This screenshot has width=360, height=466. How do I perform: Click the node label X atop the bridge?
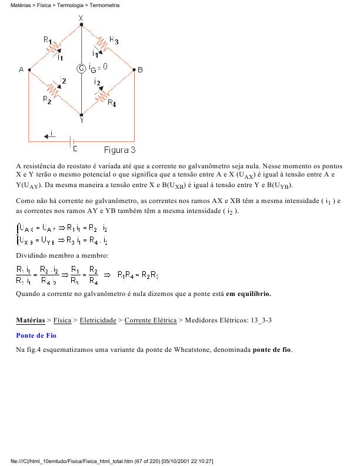click(x=81, y=18)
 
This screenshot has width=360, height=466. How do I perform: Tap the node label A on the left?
click(x=21, y=69)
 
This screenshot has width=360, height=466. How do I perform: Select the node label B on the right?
click(x=140, y=69)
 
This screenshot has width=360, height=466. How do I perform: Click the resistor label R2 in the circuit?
click(x=47, y=99)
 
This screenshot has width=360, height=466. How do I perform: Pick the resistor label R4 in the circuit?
click(x=112, y=102)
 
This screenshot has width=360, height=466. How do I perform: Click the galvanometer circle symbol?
click(x=81, y=68)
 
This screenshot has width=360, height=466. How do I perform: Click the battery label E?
click(x=75, y=149)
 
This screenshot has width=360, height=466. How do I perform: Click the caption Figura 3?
click(x=120, y=149)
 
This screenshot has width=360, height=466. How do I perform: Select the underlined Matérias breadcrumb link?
click(x=30, y=320)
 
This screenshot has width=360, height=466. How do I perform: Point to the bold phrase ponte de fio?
click(x=272, y=349)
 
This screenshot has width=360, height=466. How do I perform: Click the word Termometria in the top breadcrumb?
click(x=105, y=5)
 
